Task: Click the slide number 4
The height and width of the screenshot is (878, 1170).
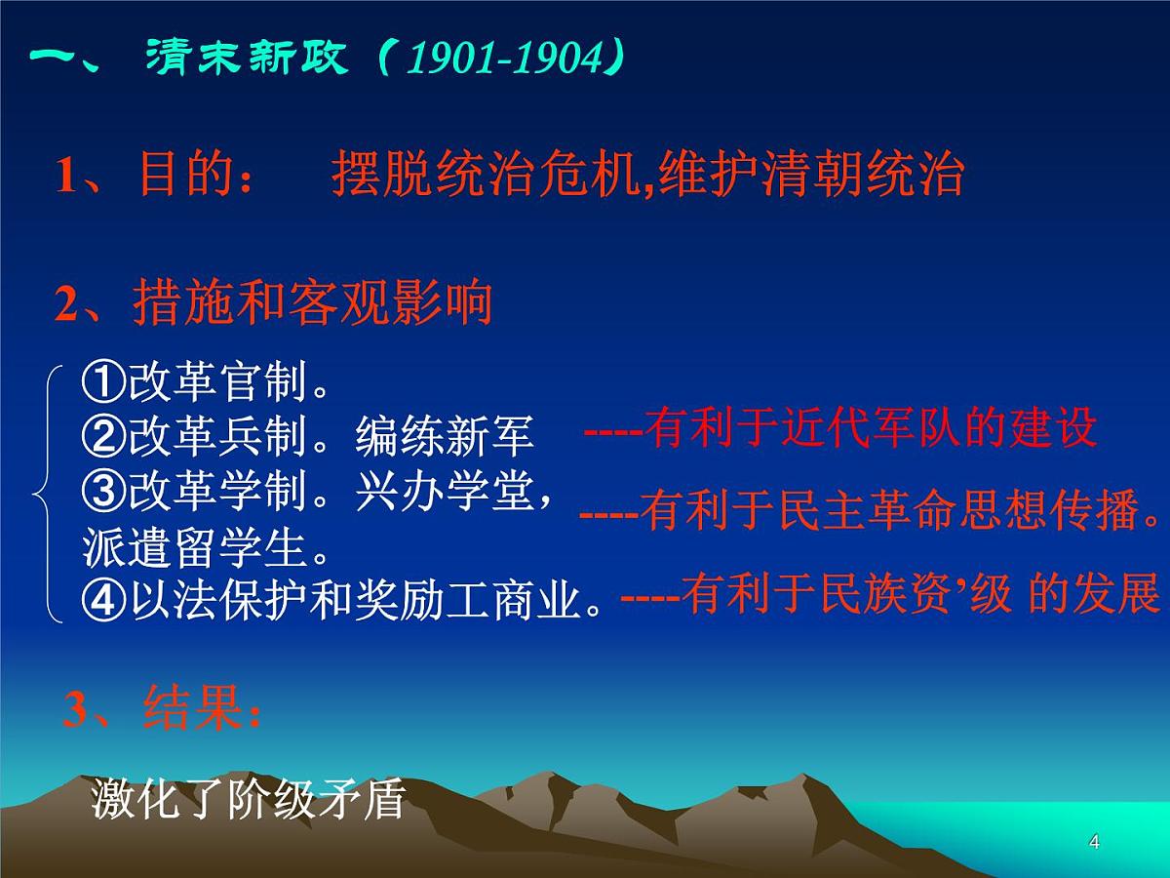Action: pyautogui.click(x=1094, y=842)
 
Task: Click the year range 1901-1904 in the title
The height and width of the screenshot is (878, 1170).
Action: pyautogui.click(x=505, y=60)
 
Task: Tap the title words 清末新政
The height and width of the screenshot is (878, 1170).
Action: pyautogui.click(x=246, y=59)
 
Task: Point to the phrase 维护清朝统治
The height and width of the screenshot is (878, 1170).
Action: pyautogui.click(x=811, y=176)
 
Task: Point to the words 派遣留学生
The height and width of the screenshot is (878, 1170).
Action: pyautogui.click(x=207, y=548)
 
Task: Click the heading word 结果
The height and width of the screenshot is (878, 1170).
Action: pyautogui.click(x=191, y=707)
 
